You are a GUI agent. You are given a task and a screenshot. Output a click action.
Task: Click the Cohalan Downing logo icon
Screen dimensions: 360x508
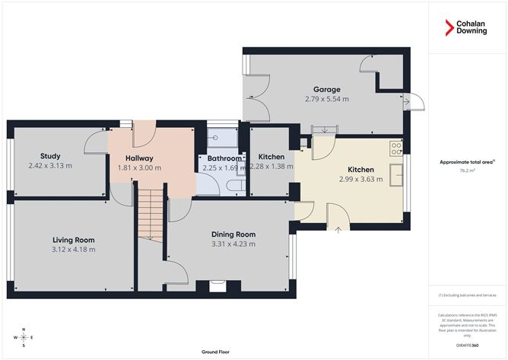(449, 28)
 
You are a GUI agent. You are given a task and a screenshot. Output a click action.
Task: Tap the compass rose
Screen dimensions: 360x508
(24, 337)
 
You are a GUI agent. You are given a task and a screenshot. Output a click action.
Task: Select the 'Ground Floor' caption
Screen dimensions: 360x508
(216, 352)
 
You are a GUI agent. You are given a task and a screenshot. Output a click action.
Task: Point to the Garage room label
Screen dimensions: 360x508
(326, 89)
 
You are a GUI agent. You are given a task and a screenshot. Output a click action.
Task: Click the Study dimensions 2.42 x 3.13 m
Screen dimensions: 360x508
(49, 165)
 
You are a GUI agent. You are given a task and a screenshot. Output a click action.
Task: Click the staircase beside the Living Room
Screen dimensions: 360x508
(151, 216)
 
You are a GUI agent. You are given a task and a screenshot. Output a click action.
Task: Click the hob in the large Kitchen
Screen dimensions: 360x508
(395, 148)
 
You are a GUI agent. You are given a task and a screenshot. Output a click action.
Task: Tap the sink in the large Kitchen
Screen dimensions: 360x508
(395, 177)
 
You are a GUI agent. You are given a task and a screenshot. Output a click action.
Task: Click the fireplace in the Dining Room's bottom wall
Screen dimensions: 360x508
(218, 288)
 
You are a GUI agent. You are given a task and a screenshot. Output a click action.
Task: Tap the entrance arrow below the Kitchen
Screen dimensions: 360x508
(338, 229)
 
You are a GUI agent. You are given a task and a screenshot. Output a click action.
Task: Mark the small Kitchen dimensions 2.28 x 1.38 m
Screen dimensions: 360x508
(271, 166)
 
